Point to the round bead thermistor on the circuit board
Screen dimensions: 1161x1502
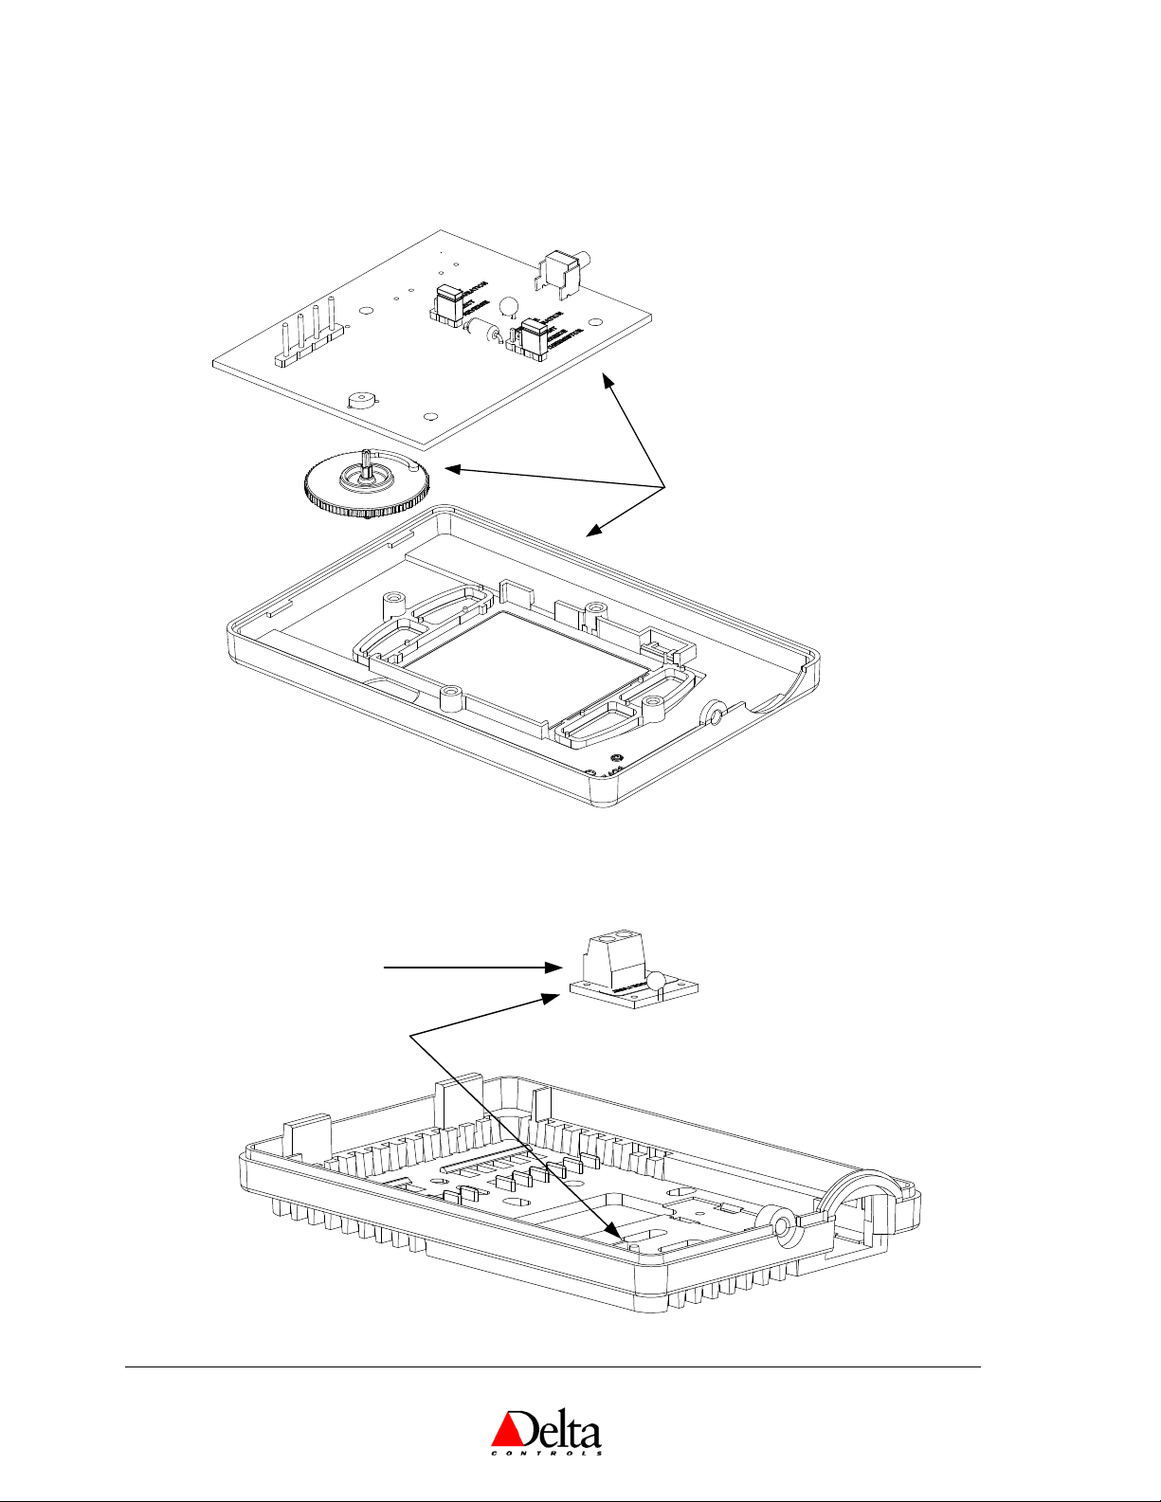click(508, 305)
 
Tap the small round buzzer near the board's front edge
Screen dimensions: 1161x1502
click(360, 400)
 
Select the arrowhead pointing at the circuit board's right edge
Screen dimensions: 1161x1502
click(604, 382)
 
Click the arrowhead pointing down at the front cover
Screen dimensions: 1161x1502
click(592, 532)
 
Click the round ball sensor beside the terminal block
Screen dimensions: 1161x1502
click(658, 981)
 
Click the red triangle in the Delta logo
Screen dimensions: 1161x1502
click(508, 1422)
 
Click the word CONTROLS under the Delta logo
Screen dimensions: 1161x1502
click(547, 1453)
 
